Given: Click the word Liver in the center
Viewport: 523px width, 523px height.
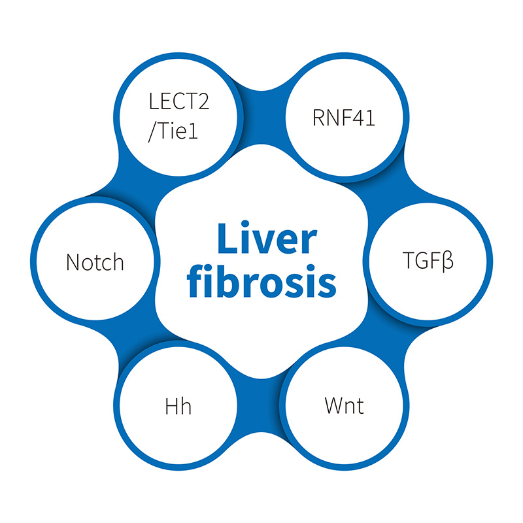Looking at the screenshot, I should pos(261,241).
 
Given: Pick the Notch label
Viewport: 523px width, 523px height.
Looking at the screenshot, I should pos(95,262).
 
